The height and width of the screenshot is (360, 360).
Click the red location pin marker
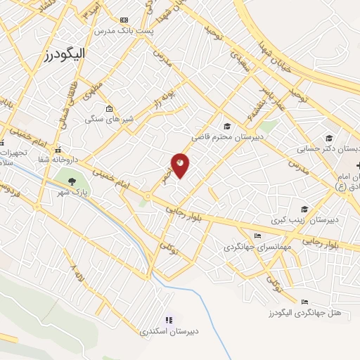point(181,165)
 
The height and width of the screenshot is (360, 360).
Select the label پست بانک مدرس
point(115,32)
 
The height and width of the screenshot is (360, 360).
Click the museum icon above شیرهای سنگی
point(109,108)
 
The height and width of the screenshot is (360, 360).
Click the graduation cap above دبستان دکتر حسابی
point(328,138)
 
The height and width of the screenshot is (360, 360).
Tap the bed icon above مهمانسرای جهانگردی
point(258,236)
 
